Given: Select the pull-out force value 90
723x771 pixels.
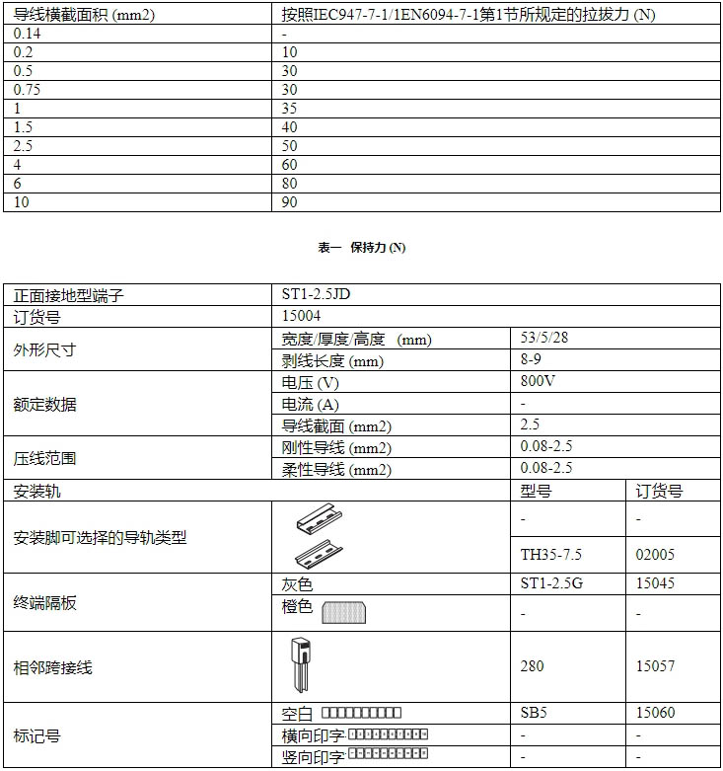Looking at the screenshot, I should [x=290, y=201].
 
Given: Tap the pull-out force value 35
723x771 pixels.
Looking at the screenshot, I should [x=290, y=108].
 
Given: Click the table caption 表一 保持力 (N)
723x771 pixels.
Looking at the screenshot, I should [x=361, y=248].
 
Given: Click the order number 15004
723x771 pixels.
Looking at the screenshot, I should [x=301, y=316].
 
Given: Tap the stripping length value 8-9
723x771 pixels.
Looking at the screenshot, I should [x=531, y=359].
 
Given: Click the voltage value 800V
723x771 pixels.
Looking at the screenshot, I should [x=538, y=381].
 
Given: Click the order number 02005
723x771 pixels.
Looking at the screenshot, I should [x=656, y=555].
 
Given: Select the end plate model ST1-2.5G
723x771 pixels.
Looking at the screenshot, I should [x=551, y=583].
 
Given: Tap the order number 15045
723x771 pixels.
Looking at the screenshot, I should [x=656, y=583].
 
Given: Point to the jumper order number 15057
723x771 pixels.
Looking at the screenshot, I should [x=656, y=666].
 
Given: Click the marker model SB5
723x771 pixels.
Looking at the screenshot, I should [x=535, y=712].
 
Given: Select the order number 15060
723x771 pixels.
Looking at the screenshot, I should [x=656, y=712].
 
